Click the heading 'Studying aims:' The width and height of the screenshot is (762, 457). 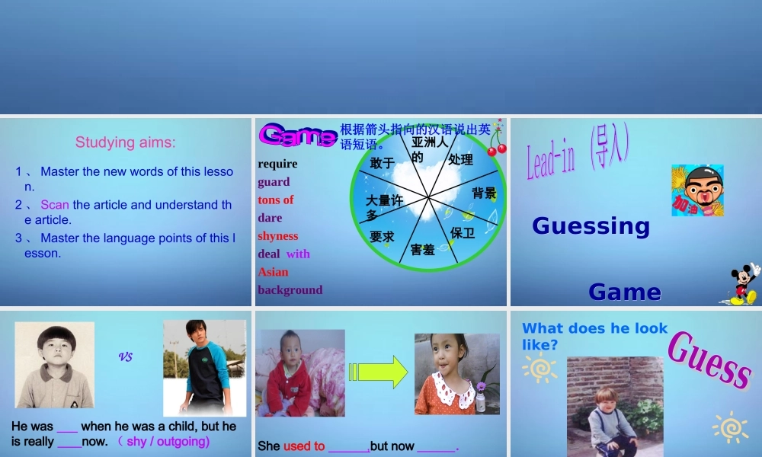[125, 142]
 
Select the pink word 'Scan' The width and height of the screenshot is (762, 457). [55, 205]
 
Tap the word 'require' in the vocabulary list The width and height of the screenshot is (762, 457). [277, 164]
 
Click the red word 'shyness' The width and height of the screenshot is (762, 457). [277, 236]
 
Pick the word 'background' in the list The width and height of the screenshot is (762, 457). [290, 290]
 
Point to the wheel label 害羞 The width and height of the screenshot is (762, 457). [422, 249]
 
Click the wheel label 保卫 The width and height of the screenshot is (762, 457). [462, 232]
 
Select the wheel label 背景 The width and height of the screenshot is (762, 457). [483, 193]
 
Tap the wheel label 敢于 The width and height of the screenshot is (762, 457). [382, 163]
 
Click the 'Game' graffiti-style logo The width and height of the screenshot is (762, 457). [296, 136]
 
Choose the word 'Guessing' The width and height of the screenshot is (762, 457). [591, 225]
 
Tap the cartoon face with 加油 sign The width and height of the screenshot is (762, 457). [696, 190]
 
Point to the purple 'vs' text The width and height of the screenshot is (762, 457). [126, 356]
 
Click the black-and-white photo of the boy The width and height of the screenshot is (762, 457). [54, 364]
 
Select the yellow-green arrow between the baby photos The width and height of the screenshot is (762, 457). [378, 372]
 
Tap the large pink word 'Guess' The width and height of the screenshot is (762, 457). [709, 361]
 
